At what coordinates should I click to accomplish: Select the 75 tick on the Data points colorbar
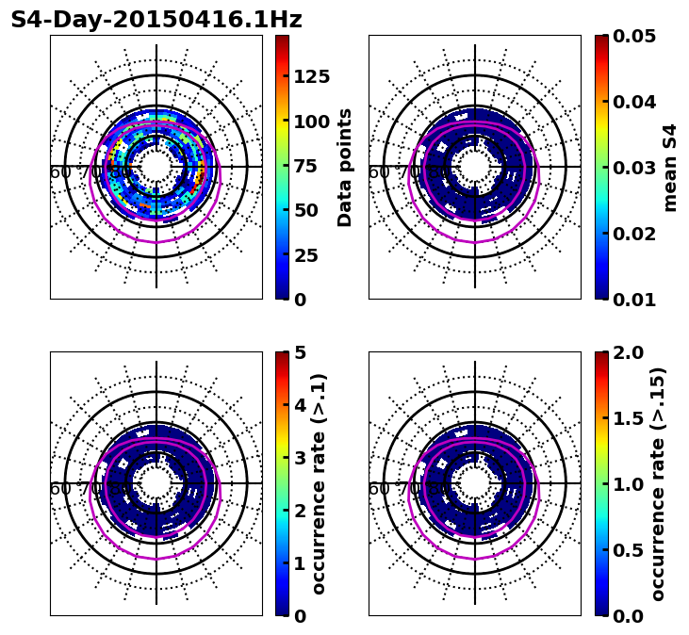click(305, 166)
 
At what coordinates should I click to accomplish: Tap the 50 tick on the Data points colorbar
click(305, 210)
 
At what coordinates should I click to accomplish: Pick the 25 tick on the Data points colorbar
click(305, 255)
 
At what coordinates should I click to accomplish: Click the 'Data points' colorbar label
click(345, 167)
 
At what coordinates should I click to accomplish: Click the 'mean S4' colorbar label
click(670, 167)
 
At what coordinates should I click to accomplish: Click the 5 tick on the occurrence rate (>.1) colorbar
click(300, 352)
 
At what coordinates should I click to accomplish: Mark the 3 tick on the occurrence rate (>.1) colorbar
click(300, 458)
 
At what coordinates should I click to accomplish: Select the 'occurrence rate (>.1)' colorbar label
click(319, 483)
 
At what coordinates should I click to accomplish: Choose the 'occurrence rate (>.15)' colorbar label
click(658, 483)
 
